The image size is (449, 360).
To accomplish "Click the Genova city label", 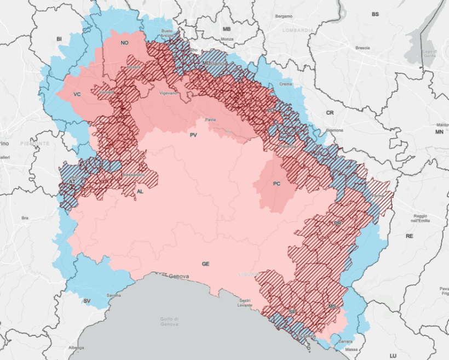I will tap(179, 276).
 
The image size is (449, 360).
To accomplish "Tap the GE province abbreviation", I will tap(205, 264).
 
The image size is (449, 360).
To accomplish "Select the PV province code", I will tap(193, 134).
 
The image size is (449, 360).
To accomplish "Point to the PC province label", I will tap(276, 184).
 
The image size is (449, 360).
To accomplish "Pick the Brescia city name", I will tap(362, 48).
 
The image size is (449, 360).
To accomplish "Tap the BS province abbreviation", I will tap(375, 14).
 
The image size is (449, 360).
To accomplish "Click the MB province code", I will tap(227, 28).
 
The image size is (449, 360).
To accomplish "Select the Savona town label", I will tap(114, 295).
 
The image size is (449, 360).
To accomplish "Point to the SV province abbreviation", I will tap(87, 301).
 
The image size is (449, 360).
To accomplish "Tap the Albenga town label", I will tap(77, 347).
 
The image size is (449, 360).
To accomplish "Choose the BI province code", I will tap(59, 39).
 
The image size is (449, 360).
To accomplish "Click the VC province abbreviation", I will tap(77, 94).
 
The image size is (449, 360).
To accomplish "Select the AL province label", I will tap(140, 192).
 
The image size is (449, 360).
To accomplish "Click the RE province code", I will tap(409, 236).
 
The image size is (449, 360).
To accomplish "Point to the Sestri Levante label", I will tap(245, 302).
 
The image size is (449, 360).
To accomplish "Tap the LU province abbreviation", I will tap(393, 356).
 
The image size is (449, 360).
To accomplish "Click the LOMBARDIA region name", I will tap(298, 30).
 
